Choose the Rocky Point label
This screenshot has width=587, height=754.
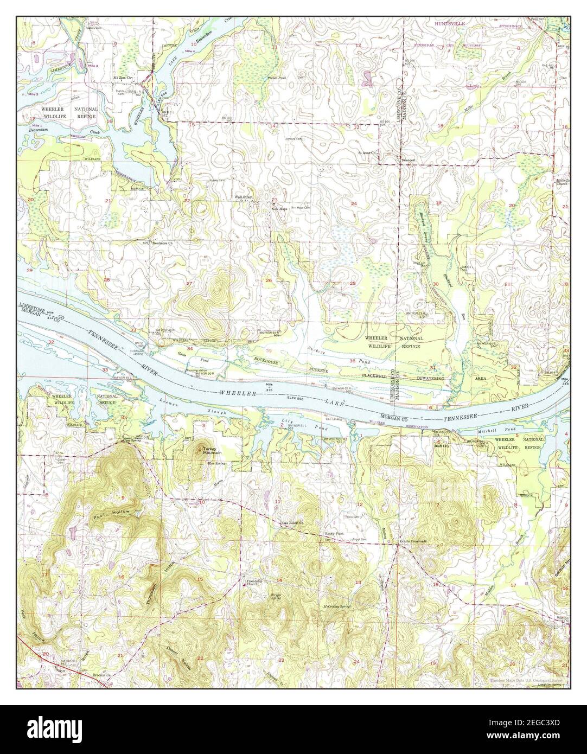point(332,533)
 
